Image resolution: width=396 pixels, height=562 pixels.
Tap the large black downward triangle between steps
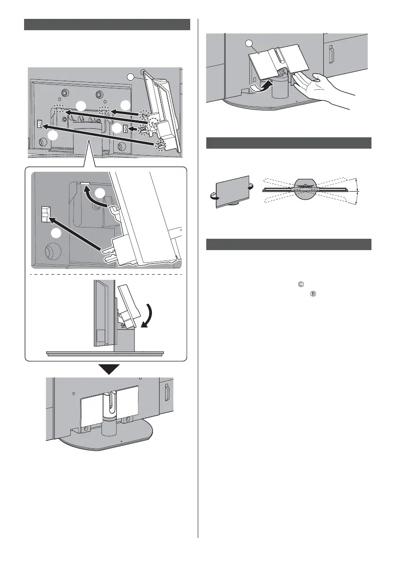point(107,369)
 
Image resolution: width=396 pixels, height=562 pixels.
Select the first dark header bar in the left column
point(107,25)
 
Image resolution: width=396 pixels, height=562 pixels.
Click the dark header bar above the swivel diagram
point(289,143)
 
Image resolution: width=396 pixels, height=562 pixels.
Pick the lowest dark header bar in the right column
point(289,245)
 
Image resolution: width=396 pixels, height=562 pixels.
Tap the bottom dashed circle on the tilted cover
point(160,144)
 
